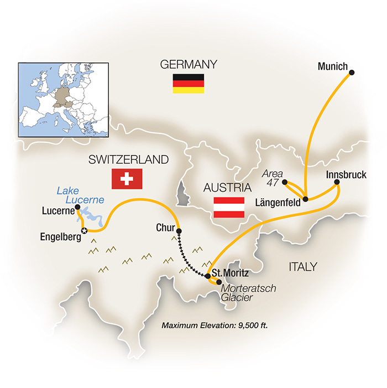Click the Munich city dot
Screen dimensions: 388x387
click(x=352, y=71)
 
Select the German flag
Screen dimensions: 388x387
click(x=187, y=83)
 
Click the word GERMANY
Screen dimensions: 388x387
click(x=187, y=64)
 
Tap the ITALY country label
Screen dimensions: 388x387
click(x=302, y=267)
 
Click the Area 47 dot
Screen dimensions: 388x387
click(x=285, y=182)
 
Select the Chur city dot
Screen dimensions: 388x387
click(x=179, y=230)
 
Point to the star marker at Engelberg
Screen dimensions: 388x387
click(x=83, y=230)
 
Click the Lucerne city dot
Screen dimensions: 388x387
click(x=78, y=207)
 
